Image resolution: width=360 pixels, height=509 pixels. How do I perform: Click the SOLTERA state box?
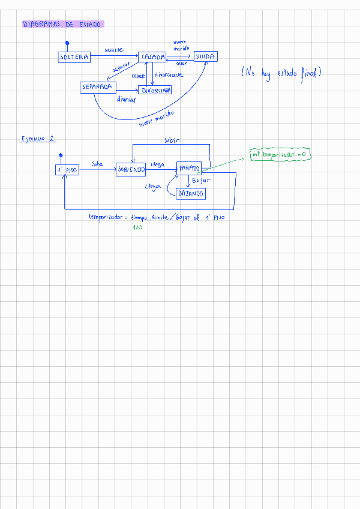click(74, 57)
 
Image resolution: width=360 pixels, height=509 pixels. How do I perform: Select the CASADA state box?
click(152, 56)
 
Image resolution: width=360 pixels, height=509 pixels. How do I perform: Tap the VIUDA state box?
click(205, 56)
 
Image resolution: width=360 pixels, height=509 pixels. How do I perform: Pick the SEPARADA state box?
click(98, 87)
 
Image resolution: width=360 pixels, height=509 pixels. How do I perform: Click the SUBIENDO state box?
click(131, 170)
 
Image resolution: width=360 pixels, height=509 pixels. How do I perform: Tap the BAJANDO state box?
click(191, 193)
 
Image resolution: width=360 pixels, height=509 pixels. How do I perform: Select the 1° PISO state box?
click(67, 170)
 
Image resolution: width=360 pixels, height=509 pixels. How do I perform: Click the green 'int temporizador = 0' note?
click(280, 155)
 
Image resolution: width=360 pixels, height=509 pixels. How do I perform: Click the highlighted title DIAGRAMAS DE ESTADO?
click(63, 25)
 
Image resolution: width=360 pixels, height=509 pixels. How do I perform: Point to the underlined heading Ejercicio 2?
click(38, 138)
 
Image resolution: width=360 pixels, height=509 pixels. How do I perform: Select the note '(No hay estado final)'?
click(283, 73)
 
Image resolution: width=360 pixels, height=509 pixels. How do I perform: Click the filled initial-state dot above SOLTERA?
click(67, 43)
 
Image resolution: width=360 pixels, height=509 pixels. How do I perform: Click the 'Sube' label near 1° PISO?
click(97, 163)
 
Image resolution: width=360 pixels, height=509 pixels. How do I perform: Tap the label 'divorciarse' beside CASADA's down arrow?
click(169, 75)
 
